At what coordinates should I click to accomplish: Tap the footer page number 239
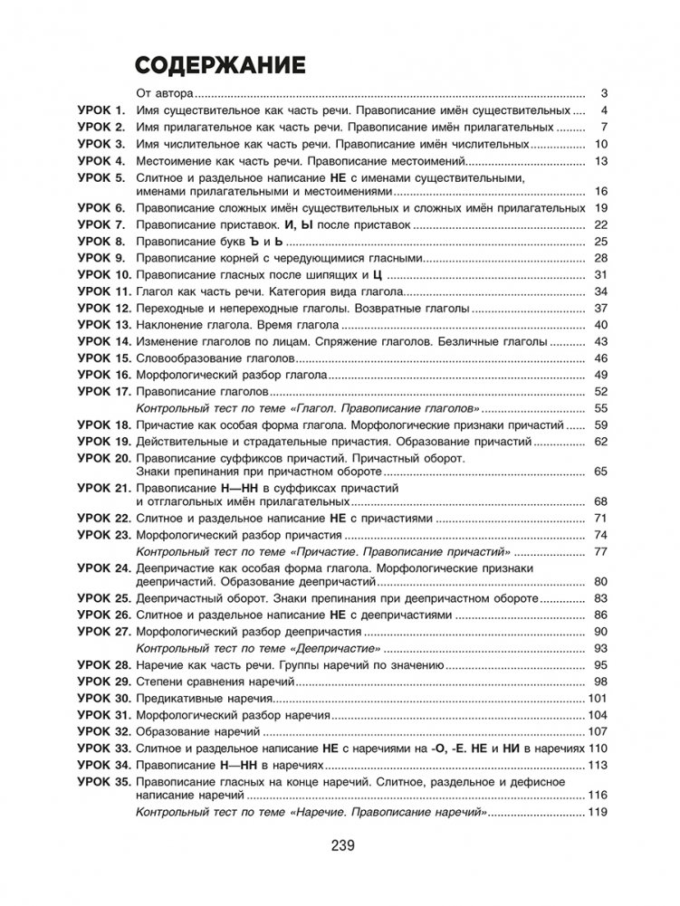pos(340,845)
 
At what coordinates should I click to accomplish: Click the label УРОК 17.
pos(104,392)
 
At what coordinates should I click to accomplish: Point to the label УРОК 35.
pos(104,780)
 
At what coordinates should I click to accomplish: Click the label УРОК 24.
pos(104,567)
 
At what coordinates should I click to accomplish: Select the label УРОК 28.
pos(104,665)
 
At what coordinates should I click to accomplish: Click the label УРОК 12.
pos(104,309)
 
